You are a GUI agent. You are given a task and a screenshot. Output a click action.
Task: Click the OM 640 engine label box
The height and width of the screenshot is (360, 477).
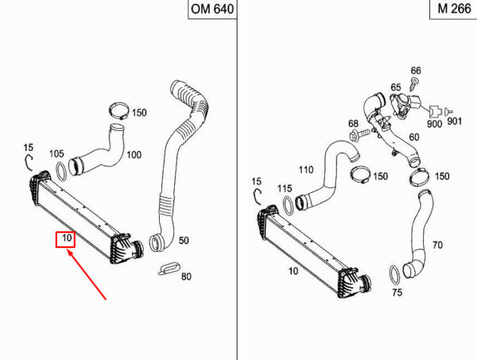212,9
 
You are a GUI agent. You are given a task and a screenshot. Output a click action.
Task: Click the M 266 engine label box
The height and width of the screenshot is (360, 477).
453,9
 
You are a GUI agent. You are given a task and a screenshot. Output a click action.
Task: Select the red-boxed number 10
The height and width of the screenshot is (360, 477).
65,239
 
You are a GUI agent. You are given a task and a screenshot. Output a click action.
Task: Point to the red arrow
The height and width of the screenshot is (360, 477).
87,274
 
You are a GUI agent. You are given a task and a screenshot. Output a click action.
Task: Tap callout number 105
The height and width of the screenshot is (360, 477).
56,154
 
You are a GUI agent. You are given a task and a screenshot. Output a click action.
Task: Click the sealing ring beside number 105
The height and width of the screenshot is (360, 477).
62,172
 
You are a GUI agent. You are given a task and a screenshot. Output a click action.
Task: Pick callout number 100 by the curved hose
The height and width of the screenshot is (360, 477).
134,155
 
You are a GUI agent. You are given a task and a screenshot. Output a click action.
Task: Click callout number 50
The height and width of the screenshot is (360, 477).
184,241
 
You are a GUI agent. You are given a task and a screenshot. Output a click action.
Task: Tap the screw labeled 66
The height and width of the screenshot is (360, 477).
413,83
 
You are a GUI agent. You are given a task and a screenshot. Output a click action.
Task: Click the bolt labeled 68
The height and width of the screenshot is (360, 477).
360,134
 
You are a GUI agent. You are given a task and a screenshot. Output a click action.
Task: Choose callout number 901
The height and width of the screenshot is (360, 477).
455,122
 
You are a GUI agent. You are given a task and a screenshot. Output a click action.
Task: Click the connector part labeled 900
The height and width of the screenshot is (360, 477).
435,111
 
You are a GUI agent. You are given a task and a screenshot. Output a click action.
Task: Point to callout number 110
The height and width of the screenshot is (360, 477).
306,169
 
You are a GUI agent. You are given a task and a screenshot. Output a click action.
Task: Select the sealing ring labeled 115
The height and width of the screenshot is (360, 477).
289,206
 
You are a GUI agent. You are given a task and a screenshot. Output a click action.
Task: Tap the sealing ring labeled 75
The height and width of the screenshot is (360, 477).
394,275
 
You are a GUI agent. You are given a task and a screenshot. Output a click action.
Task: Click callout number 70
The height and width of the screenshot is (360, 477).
437,245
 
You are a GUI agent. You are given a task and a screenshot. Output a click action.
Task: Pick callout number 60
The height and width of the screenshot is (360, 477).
413,137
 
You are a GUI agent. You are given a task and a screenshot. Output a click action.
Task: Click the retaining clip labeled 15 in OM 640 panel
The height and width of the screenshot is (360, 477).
28,162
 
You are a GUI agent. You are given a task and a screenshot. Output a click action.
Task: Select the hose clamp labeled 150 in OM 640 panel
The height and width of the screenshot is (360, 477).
119,111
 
